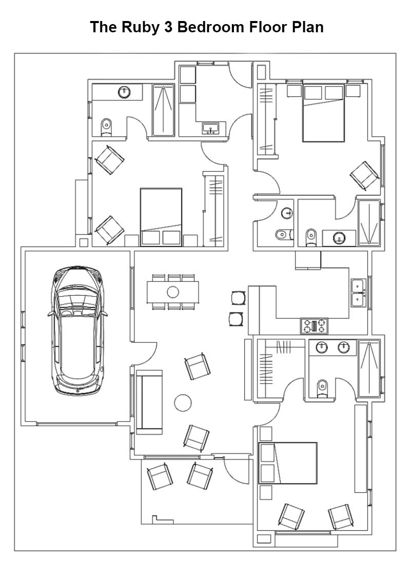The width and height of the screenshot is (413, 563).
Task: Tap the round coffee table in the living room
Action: [x=183, y=403]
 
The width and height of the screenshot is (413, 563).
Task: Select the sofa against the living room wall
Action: [x=149, y=400]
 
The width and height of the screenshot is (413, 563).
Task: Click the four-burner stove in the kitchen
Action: [x=314, y=326]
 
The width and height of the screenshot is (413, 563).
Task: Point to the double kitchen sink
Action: [x=358, y=293]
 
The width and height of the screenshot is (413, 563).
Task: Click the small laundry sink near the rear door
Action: [x=210, y=128]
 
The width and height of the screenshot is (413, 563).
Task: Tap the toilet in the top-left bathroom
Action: [x=106, y=125]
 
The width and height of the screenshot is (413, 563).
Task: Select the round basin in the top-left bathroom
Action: [x=124, y=93]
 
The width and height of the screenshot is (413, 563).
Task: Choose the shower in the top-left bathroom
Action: [x=164, y=110]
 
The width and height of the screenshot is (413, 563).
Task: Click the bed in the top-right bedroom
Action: [x=323, y=113]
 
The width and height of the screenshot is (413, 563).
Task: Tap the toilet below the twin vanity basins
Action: [x=322, y=387]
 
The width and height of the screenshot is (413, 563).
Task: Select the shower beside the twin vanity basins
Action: [x=369, y=368]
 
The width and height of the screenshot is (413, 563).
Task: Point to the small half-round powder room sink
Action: [x=287, y=212]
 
